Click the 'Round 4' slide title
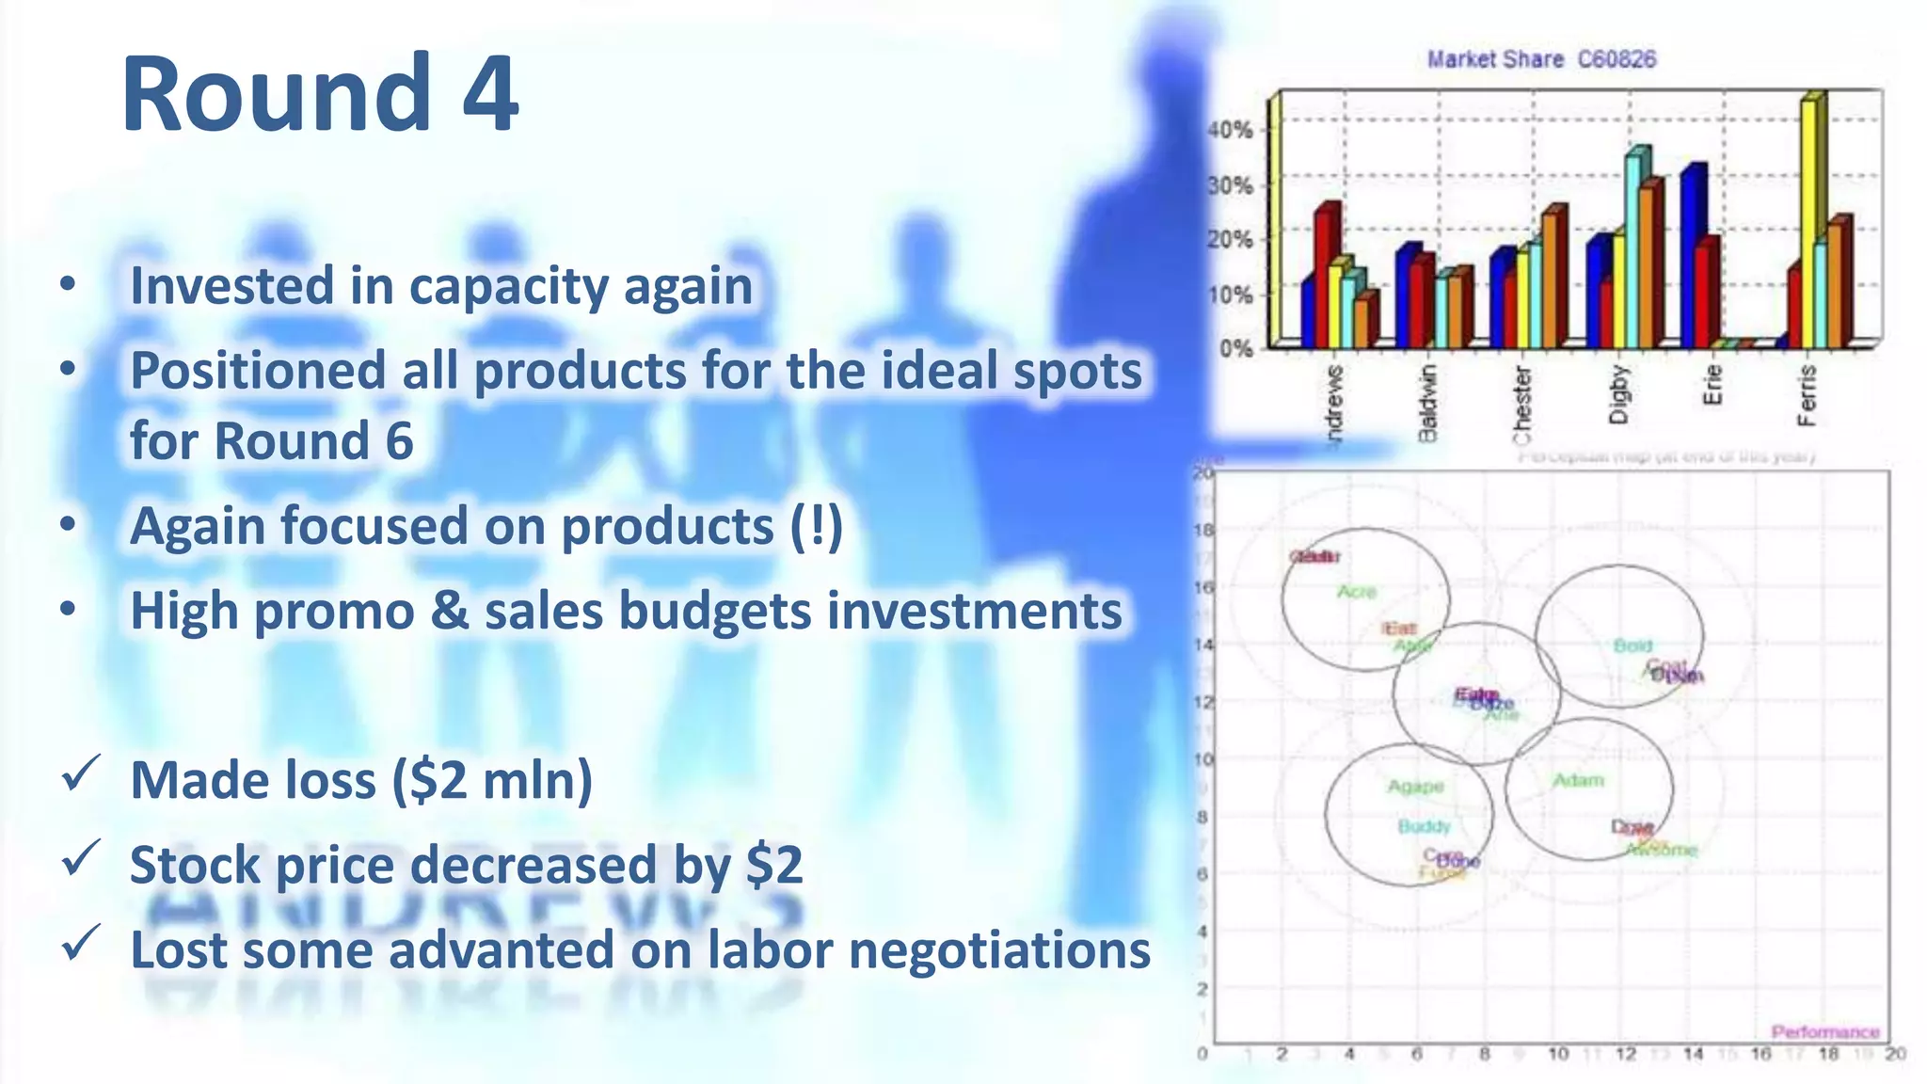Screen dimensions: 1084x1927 point(320,94)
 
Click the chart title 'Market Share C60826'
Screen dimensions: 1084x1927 point(1540,59)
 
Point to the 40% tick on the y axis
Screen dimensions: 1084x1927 point(1231,130)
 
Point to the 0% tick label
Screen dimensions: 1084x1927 point(1235,348)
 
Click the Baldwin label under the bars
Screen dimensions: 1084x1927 point(1427,403)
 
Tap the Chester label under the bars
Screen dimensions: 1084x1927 point(1521,405)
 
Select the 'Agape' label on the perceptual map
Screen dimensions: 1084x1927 point(1415,787)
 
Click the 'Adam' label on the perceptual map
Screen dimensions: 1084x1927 point(1578,780)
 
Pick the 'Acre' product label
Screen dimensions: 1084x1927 point(1357,592)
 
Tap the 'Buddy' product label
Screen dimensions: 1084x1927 point(1424,826)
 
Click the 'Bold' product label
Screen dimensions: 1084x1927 point(1632,646)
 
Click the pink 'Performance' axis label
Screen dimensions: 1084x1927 point(1824,1032)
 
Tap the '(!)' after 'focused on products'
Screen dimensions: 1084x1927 point(815,526)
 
